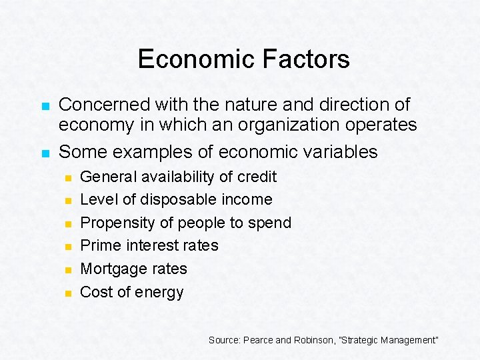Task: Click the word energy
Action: [160, 293]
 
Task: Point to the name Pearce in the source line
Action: [259, 340]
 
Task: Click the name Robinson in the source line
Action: [314, 340]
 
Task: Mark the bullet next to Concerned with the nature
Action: [45, 107]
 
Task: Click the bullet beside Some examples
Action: [45, 153]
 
